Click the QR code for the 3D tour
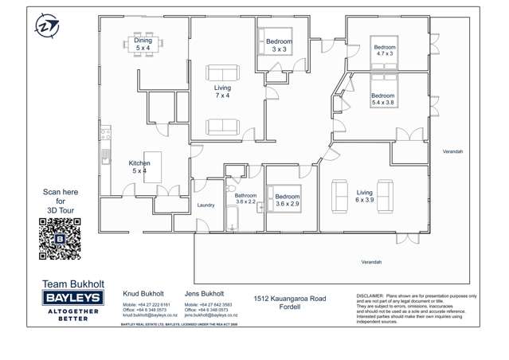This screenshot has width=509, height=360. (60, 239)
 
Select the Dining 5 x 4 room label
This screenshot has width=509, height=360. (143, 45)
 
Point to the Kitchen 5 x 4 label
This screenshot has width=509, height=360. (139, 167)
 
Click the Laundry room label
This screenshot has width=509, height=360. (206, 205)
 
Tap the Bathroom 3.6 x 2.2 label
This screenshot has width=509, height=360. (245, 198)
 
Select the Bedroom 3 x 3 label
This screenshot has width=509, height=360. (279, 45)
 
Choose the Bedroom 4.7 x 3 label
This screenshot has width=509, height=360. (385, 50)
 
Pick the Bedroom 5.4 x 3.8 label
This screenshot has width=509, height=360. (382, 99)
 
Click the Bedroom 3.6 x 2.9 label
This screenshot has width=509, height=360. (288, 200)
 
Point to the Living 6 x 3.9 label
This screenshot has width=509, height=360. (364, 196)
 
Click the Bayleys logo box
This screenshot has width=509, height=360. (72, 297)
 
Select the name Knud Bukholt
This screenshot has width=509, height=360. (143, 293)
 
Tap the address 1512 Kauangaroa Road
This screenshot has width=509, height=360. (290, 299)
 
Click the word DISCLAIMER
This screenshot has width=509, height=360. (369, 295)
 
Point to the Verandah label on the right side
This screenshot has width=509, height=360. (452, 151)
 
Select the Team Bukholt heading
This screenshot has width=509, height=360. (71, 283)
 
